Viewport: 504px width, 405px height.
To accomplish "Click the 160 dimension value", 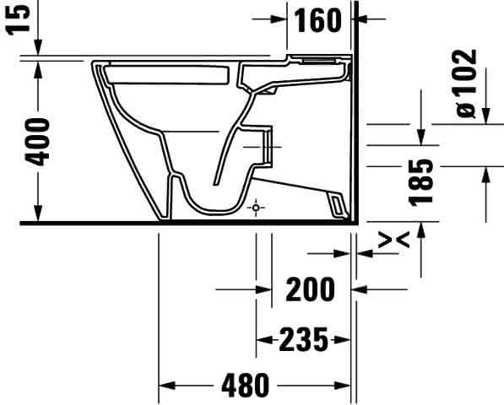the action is click(317, 20).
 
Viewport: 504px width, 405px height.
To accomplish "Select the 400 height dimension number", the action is click(38, 143).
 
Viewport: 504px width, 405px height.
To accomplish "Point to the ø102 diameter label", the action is click(466, 84).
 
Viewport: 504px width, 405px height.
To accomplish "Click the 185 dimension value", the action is click(421, 182).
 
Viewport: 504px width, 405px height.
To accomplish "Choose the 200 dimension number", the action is click(311, 289).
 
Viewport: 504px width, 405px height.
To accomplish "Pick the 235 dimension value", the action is click(304, 339).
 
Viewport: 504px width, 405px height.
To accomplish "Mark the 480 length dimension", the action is click(246, 385).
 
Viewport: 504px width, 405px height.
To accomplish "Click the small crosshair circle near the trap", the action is click(256, 208).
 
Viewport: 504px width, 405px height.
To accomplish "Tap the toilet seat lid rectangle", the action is click(167, 75).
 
